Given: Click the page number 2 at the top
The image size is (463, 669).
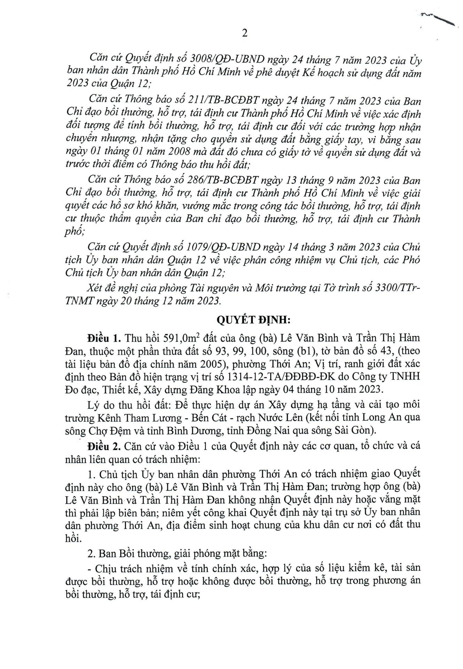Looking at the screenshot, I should [244, 33].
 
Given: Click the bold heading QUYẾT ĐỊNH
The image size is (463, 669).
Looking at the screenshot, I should [246, 320].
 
